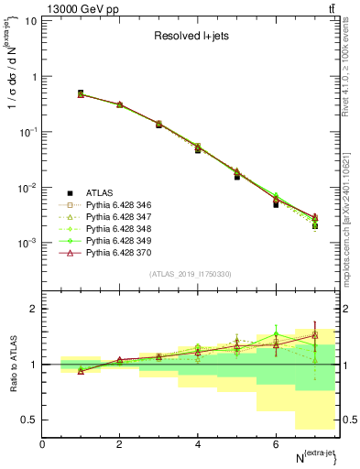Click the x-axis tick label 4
[x=198, y=444]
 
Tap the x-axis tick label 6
[x=276, y=444]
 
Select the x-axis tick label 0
[x=42, y=444]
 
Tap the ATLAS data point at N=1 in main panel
[x=81, y=93]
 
